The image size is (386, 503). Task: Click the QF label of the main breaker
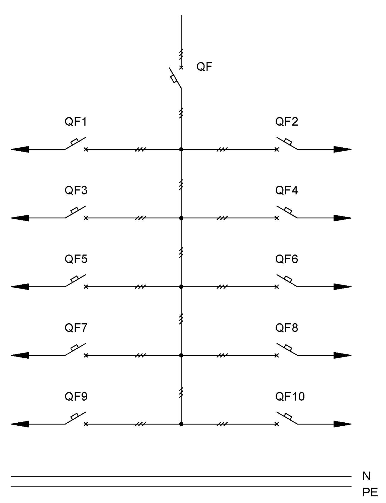pyautogui.click(x=204, y=67)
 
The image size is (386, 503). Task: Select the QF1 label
pyautogui.click(x=76, y=122)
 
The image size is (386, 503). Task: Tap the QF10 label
pyautogui.click(x=290, y=396)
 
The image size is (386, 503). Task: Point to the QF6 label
pyautogui.click(x=286, y=259)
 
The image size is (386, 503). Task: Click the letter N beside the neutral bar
pyautogui.click(x=366, y=476)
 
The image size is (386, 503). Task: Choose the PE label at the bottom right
pyautogui.click(x=370, y=492)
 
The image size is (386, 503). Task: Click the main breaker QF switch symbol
pyautogui.click(x=175, y=78)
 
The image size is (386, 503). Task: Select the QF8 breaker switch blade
pyautogui.click(x=287, y=349)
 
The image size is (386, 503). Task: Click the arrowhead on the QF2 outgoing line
pyautogui.click(x=343, y=149)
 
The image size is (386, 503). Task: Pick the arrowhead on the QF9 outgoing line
pyautogui.click(x=20, y=424)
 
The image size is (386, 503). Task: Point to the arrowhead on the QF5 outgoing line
pyautogui.click(x=20, y=287)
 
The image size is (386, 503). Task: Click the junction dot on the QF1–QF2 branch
pyautogui.click(x=181, y=149)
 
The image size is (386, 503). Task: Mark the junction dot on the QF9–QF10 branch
pyautogui.click(x=181, y=424)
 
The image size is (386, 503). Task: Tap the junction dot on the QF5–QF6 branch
pyautogui.click(x=181, y=287)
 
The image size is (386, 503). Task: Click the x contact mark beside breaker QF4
pyautogui.click(x=277, y=218)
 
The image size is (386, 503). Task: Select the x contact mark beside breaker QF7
pyautogui.click(x=86, y=355)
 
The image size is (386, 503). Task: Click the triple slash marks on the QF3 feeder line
pyautogui.click(x=140, y=218)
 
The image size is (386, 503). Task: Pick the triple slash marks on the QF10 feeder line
pyautogui.click(x=222, y=424)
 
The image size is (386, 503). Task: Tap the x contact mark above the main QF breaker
pyautogui.click(x=181, y=68)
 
